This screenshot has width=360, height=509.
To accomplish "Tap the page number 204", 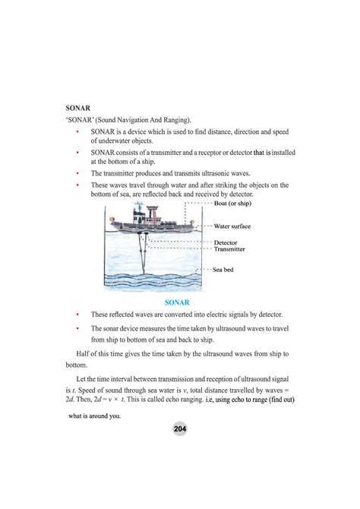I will click(x=179, y=429).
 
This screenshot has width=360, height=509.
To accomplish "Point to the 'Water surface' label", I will click(x=237, y=226).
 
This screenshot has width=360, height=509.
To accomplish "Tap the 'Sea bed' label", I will click(x=227, y=269).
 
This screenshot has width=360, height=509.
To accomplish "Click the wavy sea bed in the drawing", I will click(x=152, y=277).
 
